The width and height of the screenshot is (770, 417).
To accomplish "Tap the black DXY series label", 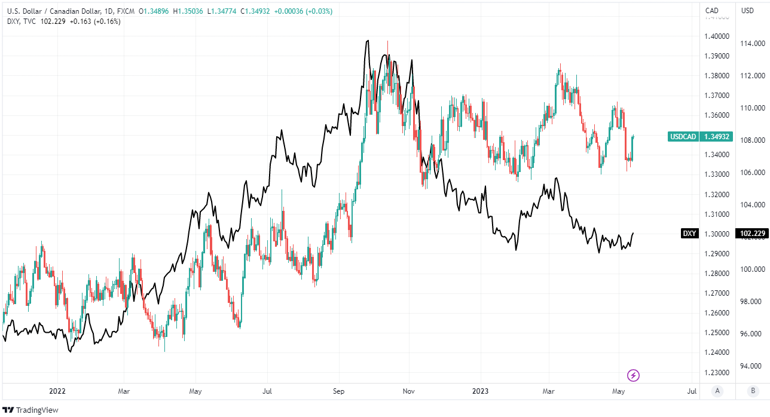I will click(x=689, y=234).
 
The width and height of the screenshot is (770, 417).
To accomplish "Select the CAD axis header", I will click(x=711, y=10).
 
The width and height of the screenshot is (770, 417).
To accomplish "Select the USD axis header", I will click(x=747, y=10).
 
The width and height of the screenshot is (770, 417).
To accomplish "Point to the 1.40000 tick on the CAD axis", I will click(x=716, y=36).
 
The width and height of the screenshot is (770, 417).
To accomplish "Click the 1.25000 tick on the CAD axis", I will click(x=716, y=333).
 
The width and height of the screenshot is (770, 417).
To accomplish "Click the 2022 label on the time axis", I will click(x=57, y=391).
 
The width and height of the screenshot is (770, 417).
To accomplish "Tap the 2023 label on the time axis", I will click(x=480, y=391).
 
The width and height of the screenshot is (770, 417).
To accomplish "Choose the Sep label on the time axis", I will click(x=339, y=391).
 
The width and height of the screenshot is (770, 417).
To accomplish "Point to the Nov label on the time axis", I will click(x=409, y=391).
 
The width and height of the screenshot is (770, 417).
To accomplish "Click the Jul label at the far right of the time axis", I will click(x=691, y=391).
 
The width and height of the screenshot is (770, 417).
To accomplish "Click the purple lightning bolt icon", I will click(x=634, y=375).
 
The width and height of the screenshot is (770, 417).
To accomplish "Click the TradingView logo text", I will click(x=37, y=410).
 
